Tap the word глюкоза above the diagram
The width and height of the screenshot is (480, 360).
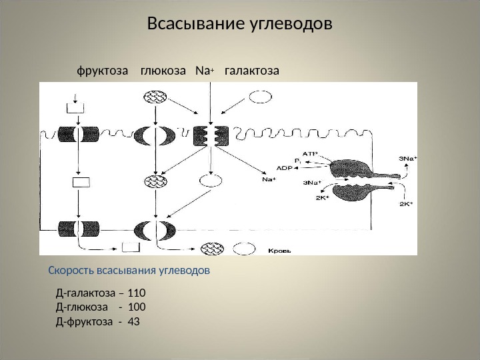point(163,70)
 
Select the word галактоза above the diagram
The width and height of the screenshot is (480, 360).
point(252,70)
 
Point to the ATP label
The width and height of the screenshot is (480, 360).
point(310,153)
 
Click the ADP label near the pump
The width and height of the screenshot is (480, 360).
point(285,168)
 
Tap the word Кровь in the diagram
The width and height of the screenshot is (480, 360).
point(279,251)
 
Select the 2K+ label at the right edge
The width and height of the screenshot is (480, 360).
point(405,204)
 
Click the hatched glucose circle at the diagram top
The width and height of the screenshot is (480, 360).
point(155,97)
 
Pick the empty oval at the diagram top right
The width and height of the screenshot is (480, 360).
point(260,97)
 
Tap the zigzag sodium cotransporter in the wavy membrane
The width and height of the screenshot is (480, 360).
point(211,135)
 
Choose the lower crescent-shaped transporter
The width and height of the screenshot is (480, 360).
point(155,231)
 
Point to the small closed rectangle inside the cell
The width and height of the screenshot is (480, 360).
point(81,182)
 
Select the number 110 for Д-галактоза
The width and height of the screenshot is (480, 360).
point(136,293)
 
